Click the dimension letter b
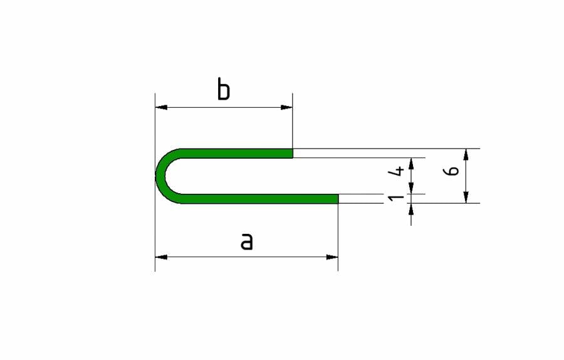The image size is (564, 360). tap(224, 90)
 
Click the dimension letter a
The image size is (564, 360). tap(247, 241)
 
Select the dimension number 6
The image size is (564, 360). tap(455, 170)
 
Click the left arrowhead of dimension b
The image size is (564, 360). tap(161, 107)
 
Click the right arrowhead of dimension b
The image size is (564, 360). tap(286, 107)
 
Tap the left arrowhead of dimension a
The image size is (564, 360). tap(161, 257)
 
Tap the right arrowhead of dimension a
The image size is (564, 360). tap(332, 257)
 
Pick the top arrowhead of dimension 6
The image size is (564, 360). tap(467, 154)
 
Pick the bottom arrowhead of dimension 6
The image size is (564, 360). tap(467, 197)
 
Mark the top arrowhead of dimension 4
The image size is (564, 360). tap(411, 163)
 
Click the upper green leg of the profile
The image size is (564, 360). tap(238, 153)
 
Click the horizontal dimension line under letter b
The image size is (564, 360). tap(224, 107)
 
